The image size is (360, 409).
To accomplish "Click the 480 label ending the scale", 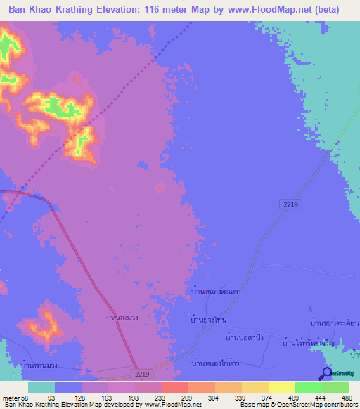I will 346,398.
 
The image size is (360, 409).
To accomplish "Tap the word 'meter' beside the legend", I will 11,398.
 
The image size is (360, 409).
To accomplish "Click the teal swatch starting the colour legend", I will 41,387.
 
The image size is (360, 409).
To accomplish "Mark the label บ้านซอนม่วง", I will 44,365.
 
